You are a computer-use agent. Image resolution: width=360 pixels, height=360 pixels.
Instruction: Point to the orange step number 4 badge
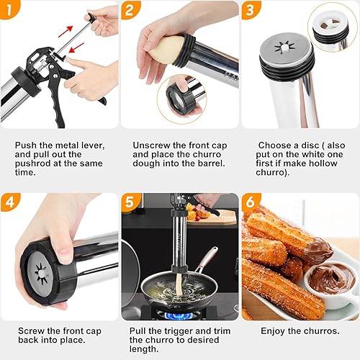point(9,202)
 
